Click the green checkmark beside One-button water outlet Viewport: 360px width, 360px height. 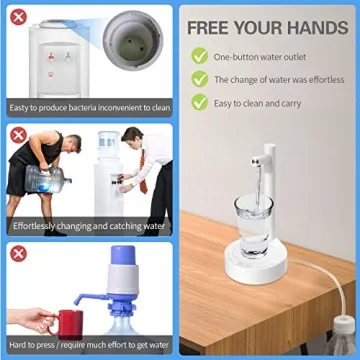(x=200, y=57)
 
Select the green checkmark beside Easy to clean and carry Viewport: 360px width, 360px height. (x=200, y=101)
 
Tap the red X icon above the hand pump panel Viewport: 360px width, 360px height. (x=17, y=254)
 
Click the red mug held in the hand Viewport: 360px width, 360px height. (x=68, y=322)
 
